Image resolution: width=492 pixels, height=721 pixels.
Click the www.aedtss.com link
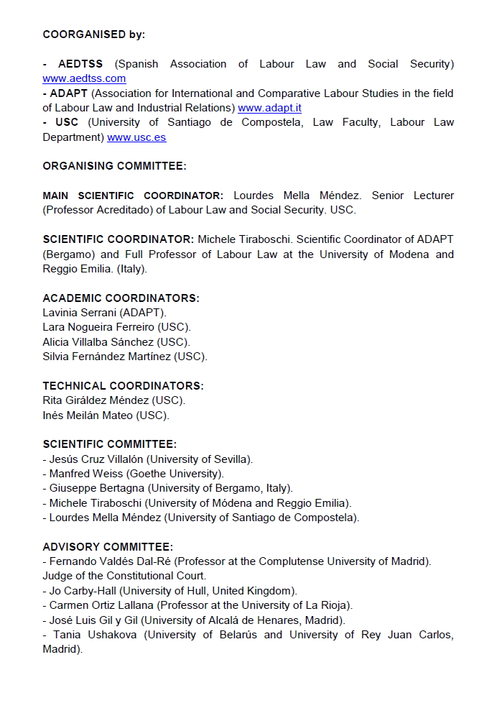tap(84, 78)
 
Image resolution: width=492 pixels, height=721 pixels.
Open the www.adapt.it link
tap(269, 108)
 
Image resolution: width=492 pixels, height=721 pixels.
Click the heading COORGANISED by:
tap(93, 35)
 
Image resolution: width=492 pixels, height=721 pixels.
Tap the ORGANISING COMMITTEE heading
tap(114, 166)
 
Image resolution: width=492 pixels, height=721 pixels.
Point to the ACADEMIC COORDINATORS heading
tap(121, 298)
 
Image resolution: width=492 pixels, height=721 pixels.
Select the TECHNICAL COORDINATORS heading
tap(123, 386)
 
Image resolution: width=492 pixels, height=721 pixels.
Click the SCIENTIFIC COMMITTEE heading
tap(109, 444)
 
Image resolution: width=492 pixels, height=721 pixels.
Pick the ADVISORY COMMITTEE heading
tap(108, 547)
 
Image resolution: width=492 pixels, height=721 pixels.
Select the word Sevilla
tap(228, 459)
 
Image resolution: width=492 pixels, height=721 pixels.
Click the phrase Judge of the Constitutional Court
tap(124, 576)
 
